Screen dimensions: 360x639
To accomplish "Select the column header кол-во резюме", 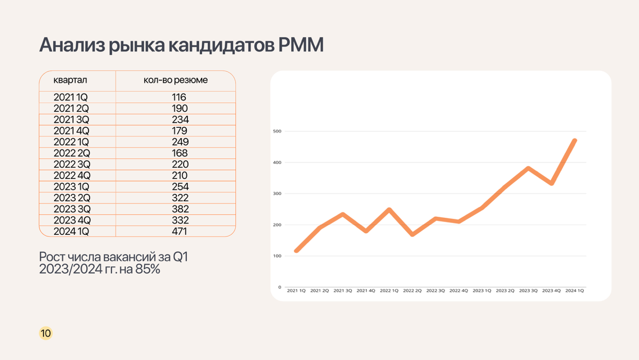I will click(x=176, y=80).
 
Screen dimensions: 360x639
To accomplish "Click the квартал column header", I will click(x=70, y=80).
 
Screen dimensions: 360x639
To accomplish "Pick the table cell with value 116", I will click(x=179, y=97).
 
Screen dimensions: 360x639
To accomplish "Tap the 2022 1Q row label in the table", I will click(x=71, y=142).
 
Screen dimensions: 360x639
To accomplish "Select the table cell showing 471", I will click(x=179, y=231).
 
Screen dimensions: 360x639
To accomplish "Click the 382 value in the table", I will click(x=179, y=209).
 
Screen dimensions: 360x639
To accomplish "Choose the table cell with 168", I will click(x=179, y=153).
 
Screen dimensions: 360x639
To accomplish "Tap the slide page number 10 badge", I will click(x=46, y=334).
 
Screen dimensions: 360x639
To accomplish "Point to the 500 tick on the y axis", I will click(x=276, y=131).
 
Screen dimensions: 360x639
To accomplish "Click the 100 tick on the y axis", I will click(x=276, y=256).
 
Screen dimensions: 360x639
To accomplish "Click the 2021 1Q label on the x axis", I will click(x=296, y=291).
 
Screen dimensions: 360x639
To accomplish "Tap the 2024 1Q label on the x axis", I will click(x=575, y=291).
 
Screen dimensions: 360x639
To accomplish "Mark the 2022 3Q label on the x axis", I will click(x=436, y=291).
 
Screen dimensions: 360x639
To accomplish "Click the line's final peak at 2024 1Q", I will click(x=575, y=141).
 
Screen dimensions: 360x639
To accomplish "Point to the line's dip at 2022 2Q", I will click(x=412, y=234).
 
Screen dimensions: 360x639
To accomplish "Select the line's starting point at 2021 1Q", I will click(x=296, y=251).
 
